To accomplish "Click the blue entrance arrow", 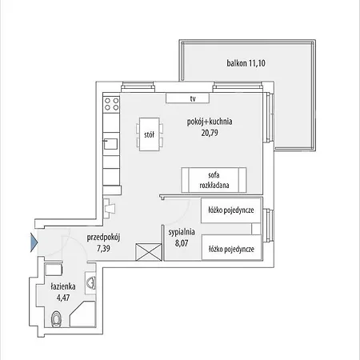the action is click(34, 242).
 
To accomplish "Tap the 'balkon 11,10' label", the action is click(246, 63).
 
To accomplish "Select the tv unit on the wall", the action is click(187, 98).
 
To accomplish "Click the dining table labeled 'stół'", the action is click(150, 134).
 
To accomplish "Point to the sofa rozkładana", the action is click(214, 180).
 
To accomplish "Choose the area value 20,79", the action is click(210, 133).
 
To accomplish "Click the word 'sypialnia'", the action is click(182, 232).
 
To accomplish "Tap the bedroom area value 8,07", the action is click(182, 243).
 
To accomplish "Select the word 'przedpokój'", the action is click(103, 238).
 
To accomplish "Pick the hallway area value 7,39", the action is click(103, 249).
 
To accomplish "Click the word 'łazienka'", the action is click(63, 286).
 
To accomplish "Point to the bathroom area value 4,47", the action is click(63, 298).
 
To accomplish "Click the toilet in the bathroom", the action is click(56, 319).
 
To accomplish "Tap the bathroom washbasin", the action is click(90, 282).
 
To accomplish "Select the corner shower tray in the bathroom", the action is click(82, 314).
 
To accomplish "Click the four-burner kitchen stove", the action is click(111, 104).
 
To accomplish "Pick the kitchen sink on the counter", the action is click(110, 144).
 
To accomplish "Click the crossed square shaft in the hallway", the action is click(149, 252).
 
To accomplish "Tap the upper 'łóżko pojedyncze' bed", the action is click(231, 210).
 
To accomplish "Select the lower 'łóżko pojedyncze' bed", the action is click(231, 247).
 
